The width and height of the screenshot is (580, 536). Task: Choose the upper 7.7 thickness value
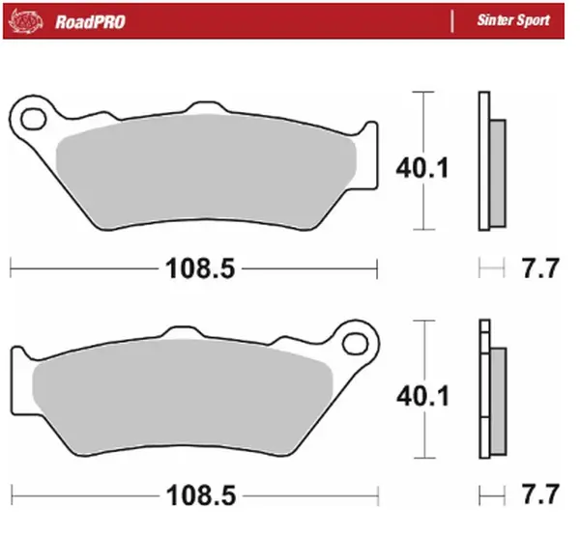539,269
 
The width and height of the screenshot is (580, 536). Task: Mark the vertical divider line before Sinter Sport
452,19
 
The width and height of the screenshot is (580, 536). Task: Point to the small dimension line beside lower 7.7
492,492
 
